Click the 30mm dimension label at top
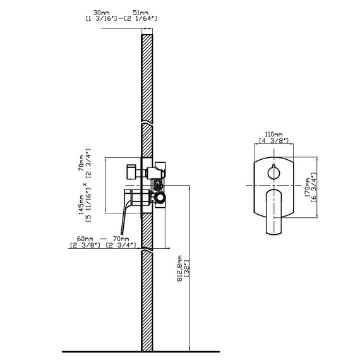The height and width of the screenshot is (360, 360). (x=101, y=13)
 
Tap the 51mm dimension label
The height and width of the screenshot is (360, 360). (x=140, y=13)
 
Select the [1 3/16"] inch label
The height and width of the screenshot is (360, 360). (x=102, y=18)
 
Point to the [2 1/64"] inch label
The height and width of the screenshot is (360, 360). (x=140, y=18)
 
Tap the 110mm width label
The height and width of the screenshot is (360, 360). (x=273, y=134)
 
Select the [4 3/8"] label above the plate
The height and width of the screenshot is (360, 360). (x=273, y=140)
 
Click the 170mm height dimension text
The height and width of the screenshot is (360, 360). (x=307, y=188)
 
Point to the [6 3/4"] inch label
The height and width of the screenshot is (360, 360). (x=314, y=188)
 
